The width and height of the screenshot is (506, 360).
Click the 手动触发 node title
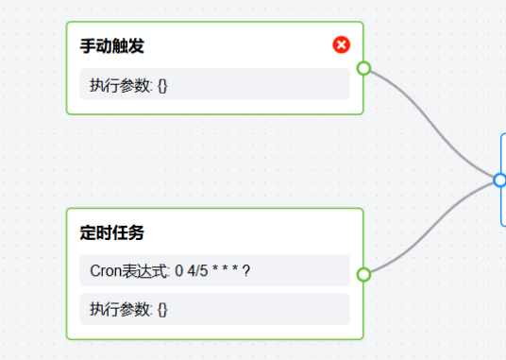coord(112,45)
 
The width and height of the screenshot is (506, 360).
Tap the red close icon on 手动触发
coord(342,44)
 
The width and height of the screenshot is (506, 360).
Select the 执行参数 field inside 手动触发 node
coord(214,84)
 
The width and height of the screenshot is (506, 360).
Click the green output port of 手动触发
coord(363,68)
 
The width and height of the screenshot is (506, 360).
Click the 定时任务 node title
coord(112,231)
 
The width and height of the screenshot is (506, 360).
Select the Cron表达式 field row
coord(214,270)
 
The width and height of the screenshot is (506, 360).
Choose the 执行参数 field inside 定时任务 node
coord(214,309)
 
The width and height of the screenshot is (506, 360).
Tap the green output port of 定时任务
coord(363,274)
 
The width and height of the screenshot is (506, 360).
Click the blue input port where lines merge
coord(499,180)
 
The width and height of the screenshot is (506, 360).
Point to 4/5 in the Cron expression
coord(201,270)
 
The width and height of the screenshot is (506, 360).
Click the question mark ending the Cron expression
coord(246,270)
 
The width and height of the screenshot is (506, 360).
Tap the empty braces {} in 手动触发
coord(162,85)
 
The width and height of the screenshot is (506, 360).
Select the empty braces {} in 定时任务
coord(162,309)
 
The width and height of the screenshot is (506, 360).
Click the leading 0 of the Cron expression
coord(179,270)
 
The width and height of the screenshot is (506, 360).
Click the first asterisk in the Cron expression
coord(217,269)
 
